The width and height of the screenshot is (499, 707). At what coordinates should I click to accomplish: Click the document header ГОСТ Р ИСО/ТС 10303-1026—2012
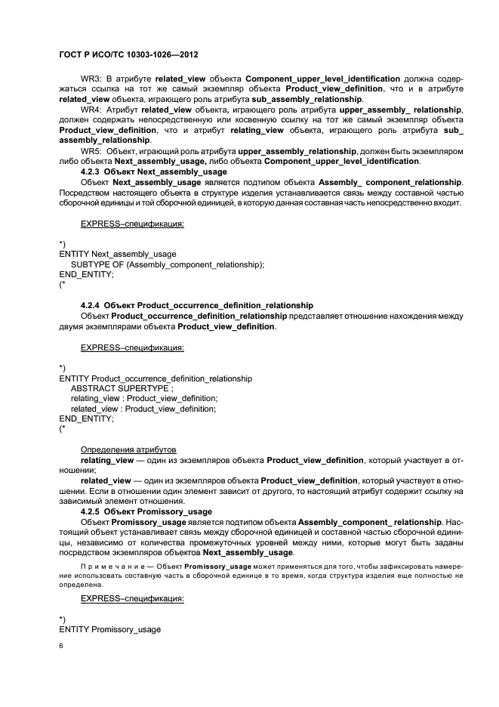(x=128, y=56)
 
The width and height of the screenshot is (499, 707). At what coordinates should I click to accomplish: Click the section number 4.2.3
(x=91, y=172)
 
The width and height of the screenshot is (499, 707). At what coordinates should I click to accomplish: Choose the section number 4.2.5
(x=91, y=511)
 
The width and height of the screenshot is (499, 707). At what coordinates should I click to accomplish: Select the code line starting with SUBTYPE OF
(x=167, y=264)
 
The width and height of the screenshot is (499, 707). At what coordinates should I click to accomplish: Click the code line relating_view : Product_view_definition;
(x=143, y=398)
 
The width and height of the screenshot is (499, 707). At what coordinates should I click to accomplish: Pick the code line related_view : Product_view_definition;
(x=143, y=409)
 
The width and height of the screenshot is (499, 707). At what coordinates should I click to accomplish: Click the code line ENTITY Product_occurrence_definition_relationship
(x=156, y=378)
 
